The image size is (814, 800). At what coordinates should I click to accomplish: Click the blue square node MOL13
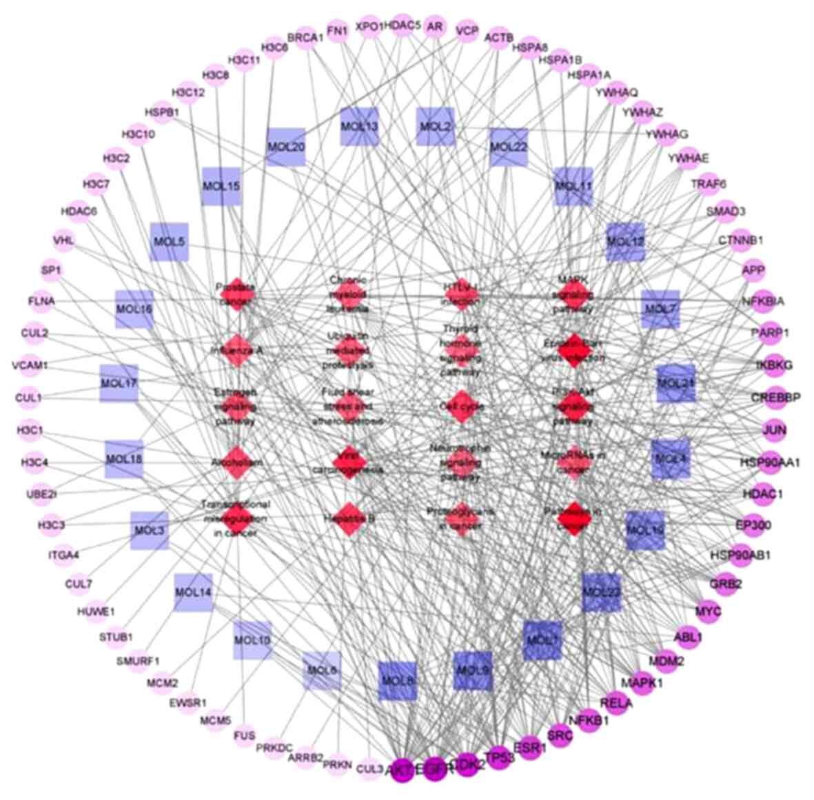(359, 127)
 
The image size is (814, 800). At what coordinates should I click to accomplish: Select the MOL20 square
(285, 147)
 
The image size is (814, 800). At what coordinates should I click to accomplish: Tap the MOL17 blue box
(119, 383)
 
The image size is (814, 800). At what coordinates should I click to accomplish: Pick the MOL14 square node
(193, 592)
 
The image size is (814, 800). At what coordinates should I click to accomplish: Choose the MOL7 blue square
(660, 309)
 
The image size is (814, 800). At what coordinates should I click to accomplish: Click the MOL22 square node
(509, 147)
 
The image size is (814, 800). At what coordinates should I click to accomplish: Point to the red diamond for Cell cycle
(462, 406)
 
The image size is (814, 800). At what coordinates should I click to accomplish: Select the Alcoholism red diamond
(236, 462)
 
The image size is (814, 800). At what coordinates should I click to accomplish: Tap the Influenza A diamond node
(236, 350)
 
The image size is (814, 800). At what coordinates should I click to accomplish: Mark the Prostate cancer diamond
(236, 295)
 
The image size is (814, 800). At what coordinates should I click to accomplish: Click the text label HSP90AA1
(770, 462)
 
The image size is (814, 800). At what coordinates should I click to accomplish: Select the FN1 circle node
(337, 31)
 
